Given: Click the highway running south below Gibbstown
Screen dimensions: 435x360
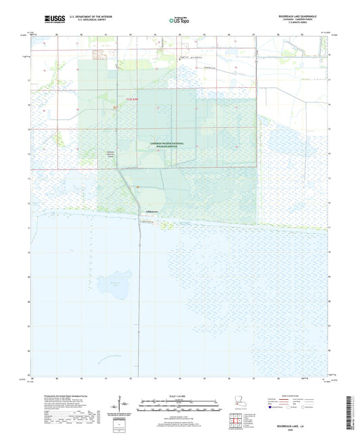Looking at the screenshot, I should (140, 284).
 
